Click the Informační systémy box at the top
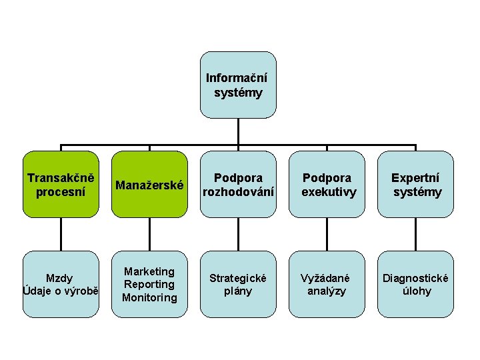[238, 85]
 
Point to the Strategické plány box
[238, 284]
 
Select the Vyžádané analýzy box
[327, 284]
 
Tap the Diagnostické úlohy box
[415, 284]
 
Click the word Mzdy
[60, 278]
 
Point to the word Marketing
[149, 271]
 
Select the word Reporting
[149, 284]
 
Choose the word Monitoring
[149, 297]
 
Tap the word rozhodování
[238, 192]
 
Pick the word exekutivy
[329, 192]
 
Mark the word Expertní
[416, 178]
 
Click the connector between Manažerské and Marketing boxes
[149, 234]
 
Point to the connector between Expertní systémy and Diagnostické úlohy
[415, 234]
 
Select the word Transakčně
[61, 178]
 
